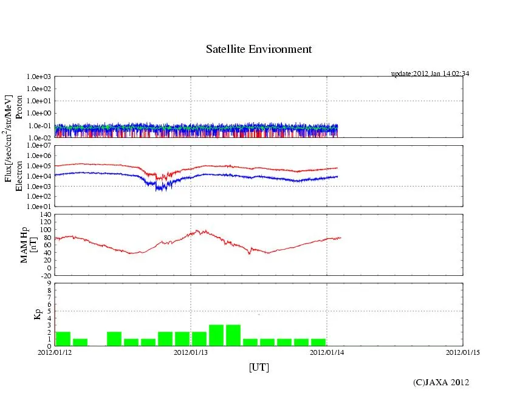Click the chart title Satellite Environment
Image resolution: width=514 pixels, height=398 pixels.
point(259,49)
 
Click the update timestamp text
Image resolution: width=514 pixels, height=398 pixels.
point(430,74)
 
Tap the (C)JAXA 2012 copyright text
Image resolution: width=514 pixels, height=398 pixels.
point(441,382)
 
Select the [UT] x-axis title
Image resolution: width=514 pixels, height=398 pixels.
point(259,368)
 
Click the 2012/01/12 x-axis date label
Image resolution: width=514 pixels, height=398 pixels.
point(55,352)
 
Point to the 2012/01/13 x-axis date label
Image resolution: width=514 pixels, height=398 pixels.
point(191,352)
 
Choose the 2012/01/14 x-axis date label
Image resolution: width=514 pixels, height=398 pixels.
point(327,352)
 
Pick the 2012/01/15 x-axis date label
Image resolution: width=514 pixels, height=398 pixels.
point(463,352)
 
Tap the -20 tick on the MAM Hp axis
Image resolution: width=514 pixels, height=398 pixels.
point(46,275)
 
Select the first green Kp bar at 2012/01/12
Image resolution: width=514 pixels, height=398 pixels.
point(63,338)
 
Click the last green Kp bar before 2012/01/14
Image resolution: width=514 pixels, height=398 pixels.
point(318,342)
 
